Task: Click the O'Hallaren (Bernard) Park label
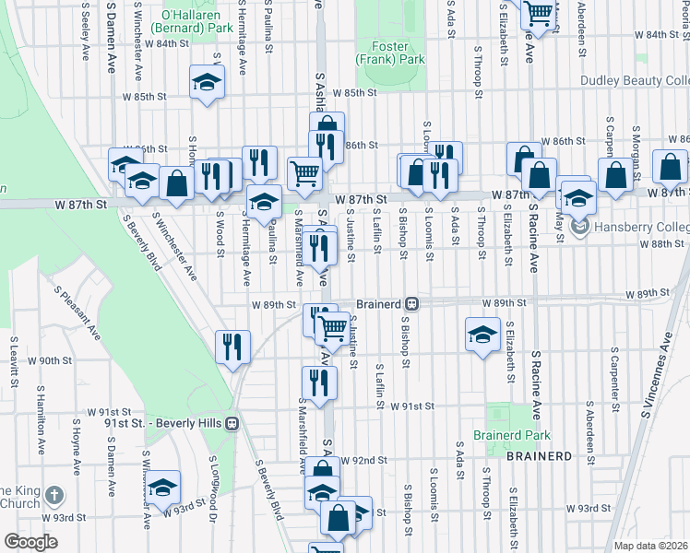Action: (196, 22)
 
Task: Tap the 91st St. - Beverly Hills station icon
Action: (232, 423)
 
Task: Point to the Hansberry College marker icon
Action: (579, 227)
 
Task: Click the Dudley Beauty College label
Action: (635, 81)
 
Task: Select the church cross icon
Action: (54, 496)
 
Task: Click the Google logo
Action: (30, 542)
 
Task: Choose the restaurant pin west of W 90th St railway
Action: (231, 347)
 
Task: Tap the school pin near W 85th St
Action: (208, 83)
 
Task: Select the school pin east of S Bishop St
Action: (482, 335)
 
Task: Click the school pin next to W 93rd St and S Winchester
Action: (163, 487)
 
